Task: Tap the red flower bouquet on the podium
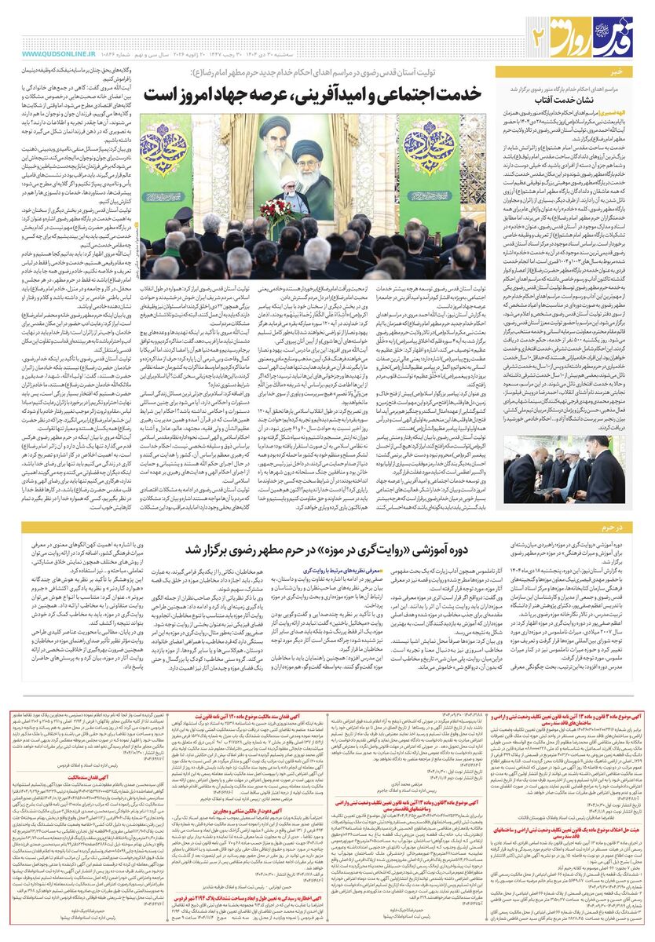pyautogui.click(x=277, y=208)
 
